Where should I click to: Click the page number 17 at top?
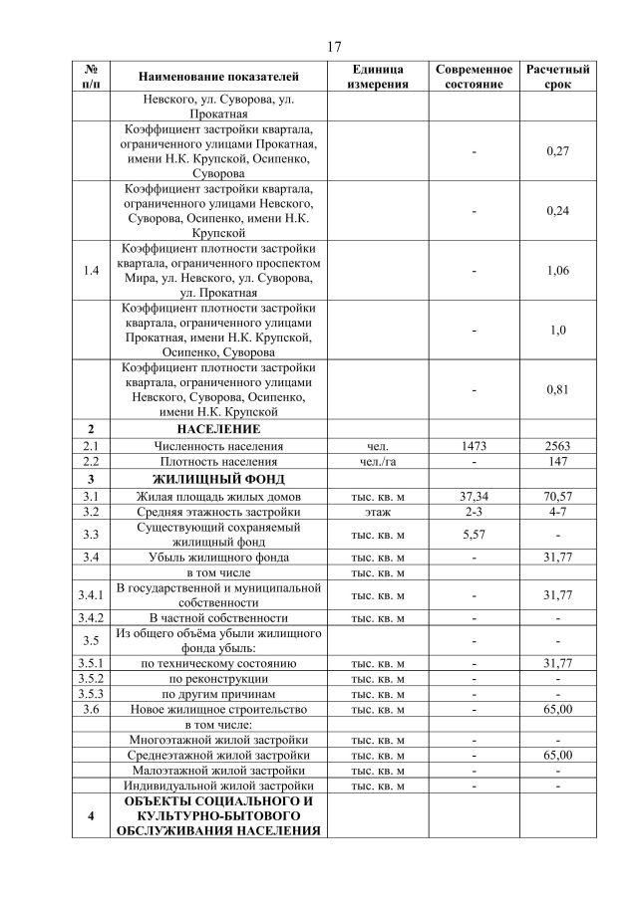(x=334, y=47)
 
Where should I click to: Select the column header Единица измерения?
(x=378, y=77)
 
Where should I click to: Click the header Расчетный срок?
(x=557, y=77)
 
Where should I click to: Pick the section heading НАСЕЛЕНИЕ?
(x=217, y=428)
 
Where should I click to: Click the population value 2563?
(x=557, y=446)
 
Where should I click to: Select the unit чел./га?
(x=378, y=462)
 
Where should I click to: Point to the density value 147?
(x=557, y=462)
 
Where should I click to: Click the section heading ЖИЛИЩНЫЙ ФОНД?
(x=217, y=479)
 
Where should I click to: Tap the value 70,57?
(x=557, y=496)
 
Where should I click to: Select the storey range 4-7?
(x=557, y=512)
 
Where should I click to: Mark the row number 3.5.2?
(x=91, y=677)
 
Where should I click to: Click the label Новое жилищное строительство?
(x=217, y=709)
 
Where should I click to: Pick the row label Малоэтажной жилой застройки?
(x=217, y=771)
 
